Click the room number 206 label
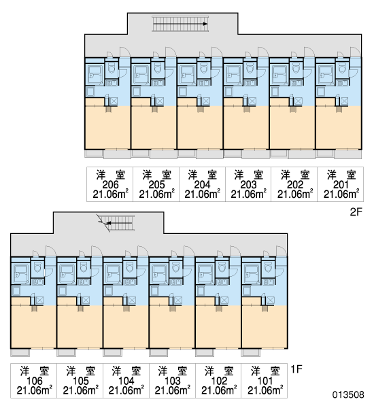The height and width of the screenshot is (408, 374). coord(110,184)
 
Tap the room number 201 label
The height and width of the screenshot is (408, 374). coord(341,184)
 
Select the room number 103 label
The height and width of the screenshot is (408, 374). coord(173,381)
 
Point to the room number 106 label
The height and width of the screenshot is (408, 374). coord(35,381)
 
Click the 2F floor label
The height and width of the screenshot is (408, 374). coord(356,212)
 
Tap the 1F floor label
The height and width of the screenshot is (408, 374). coord(296,369)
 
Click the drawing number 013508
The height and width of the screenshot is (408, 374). coord(348,394)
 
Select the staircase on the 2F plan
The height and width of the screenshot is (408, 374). coord(180,24)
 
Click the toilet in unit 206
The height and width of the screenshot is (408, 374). coord(112,68)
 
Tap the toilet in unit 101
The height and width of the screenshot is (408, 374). coord(267,267)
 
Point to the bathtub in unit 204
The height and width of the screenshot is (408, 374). coord(187,75)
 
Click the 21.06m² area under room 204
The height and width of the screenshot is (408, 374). coord(202,194)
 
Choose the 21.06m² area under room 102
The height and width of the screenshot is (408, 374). coord(219,390)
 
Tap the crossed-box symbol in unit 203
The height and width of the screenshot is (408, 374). coord(252,101)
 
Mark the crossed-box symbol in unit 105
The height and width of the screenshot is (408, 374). coord(86,301)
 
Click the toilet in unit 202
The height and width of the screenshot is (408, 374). coord(296,68)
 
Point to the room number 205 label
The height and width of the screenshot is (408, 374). coord(156,184)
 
